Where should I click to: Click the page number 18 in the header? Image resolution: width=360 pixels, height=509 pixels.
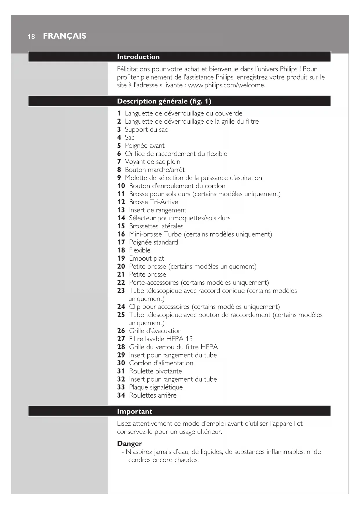(x=31, y=37)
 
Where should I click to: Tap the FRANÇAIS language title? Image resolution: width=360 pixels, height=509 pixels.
(x=65, y=36)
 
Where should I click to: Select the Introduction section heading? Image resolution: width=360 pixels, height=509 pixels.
(x=138, y=57)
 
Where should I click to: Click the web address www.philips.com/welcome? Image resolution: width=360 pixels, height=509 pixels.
(x=226, y=85)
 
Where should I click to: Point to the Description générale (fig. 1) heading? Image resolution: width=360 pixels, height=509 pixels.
(x=164, y=101)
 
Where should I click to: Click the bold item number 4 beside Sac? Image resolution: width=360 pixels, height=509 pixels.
(x=119, y=138)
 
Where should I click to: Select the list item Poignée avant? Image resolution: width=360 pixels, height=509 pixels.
(x=144, y=146)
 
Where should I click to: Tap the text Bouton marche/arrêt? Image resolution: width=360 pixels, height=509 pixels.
(x=155, y=170)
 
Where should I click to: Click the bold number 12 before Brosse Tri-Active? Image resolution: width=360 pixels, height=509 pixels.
(x=121, y=202)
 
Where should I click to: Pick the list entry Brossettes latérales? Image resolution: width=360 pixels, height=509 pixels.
(x=156, y=226)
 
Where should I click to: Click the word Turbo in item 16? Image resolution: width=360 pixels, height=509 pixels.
(x=173, y=234)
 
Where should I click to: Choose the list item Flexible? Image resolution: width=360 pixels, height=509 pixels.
(x=140, y=250)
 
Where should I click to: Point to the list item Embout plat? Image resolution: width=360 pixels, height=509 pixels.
(x=146, y=258)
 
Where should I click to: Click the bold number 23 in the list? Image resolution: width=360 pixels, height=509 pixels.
(x=121, y=290)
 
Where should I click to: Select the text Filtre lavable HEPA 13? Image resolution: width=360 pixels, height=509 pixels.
(x=161, y=339)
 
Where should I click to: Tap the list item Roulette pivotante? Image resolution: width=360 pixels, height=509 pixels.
(x=155, y=371)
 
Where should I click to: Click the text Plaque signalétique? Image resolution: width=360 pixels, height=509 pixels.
(x=156, y=387)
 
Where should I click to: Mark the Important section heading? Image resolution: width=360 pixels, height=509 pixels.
(x=135, y=411)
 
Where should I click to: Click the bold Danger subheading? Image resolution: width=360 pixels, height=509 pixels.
(x=130, y=444)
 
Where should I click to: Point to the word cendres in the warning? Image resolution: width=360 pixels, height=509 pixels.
(x=140, y=460)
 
